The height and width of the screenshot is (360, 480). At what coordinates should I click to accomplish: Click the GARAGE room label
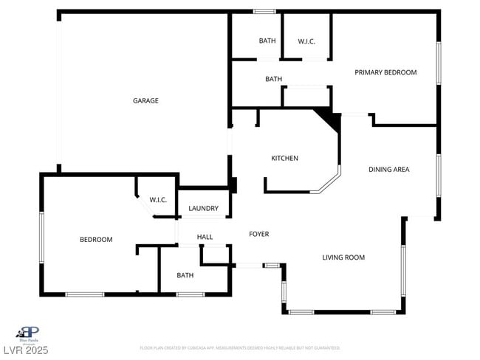click(145, 101)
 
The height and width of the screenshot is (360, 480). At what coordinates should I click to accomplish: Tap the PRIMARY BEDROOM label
click(385, 72)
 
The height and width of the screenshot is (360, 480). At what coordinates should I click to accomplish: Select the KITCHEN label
click(284, 159)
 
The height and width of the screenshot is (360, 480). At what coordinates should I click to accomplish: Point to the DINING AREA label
click(388, 170)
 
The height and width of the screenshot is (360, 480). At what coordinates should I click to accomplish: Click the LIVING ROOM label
click(343, 257)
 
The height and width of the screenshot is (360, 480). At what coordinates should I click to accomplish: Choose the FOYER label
click(258, 234)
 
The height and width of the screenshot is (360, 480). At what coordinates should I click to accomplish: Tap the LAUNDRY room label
click(203, 209)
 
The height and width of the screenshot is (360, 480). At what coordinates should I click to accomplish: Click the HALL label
click(205, 237)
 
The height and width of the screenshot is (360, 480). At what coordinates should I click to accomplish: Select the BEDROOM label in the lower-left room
click(96, 240)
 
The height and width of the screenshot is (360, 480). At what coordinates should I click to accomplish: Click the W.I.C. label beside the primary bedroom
click(306, 41)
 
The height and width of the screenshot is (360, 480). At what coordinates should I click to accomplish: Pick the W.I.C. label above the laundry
click(158, 200)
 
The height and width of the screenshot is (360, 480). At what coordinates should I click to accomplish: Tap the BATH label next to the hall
click(185, 275)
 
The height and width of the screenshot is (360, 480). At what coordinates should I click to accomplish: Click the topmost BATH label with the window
click(267, 41)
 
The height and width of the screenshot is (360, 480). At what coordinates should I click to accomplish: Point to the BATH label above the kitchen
click(273, 79)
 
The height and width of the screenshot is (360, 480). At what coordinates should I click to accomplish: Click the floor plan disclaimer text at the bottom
click(239, 347)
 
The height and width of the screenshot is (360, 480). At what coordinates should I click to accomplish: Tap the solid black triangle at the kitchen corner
click(327, 119)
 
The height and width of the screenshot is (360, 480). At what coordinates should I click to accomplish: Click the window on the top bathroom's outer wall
click(264, 12)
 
